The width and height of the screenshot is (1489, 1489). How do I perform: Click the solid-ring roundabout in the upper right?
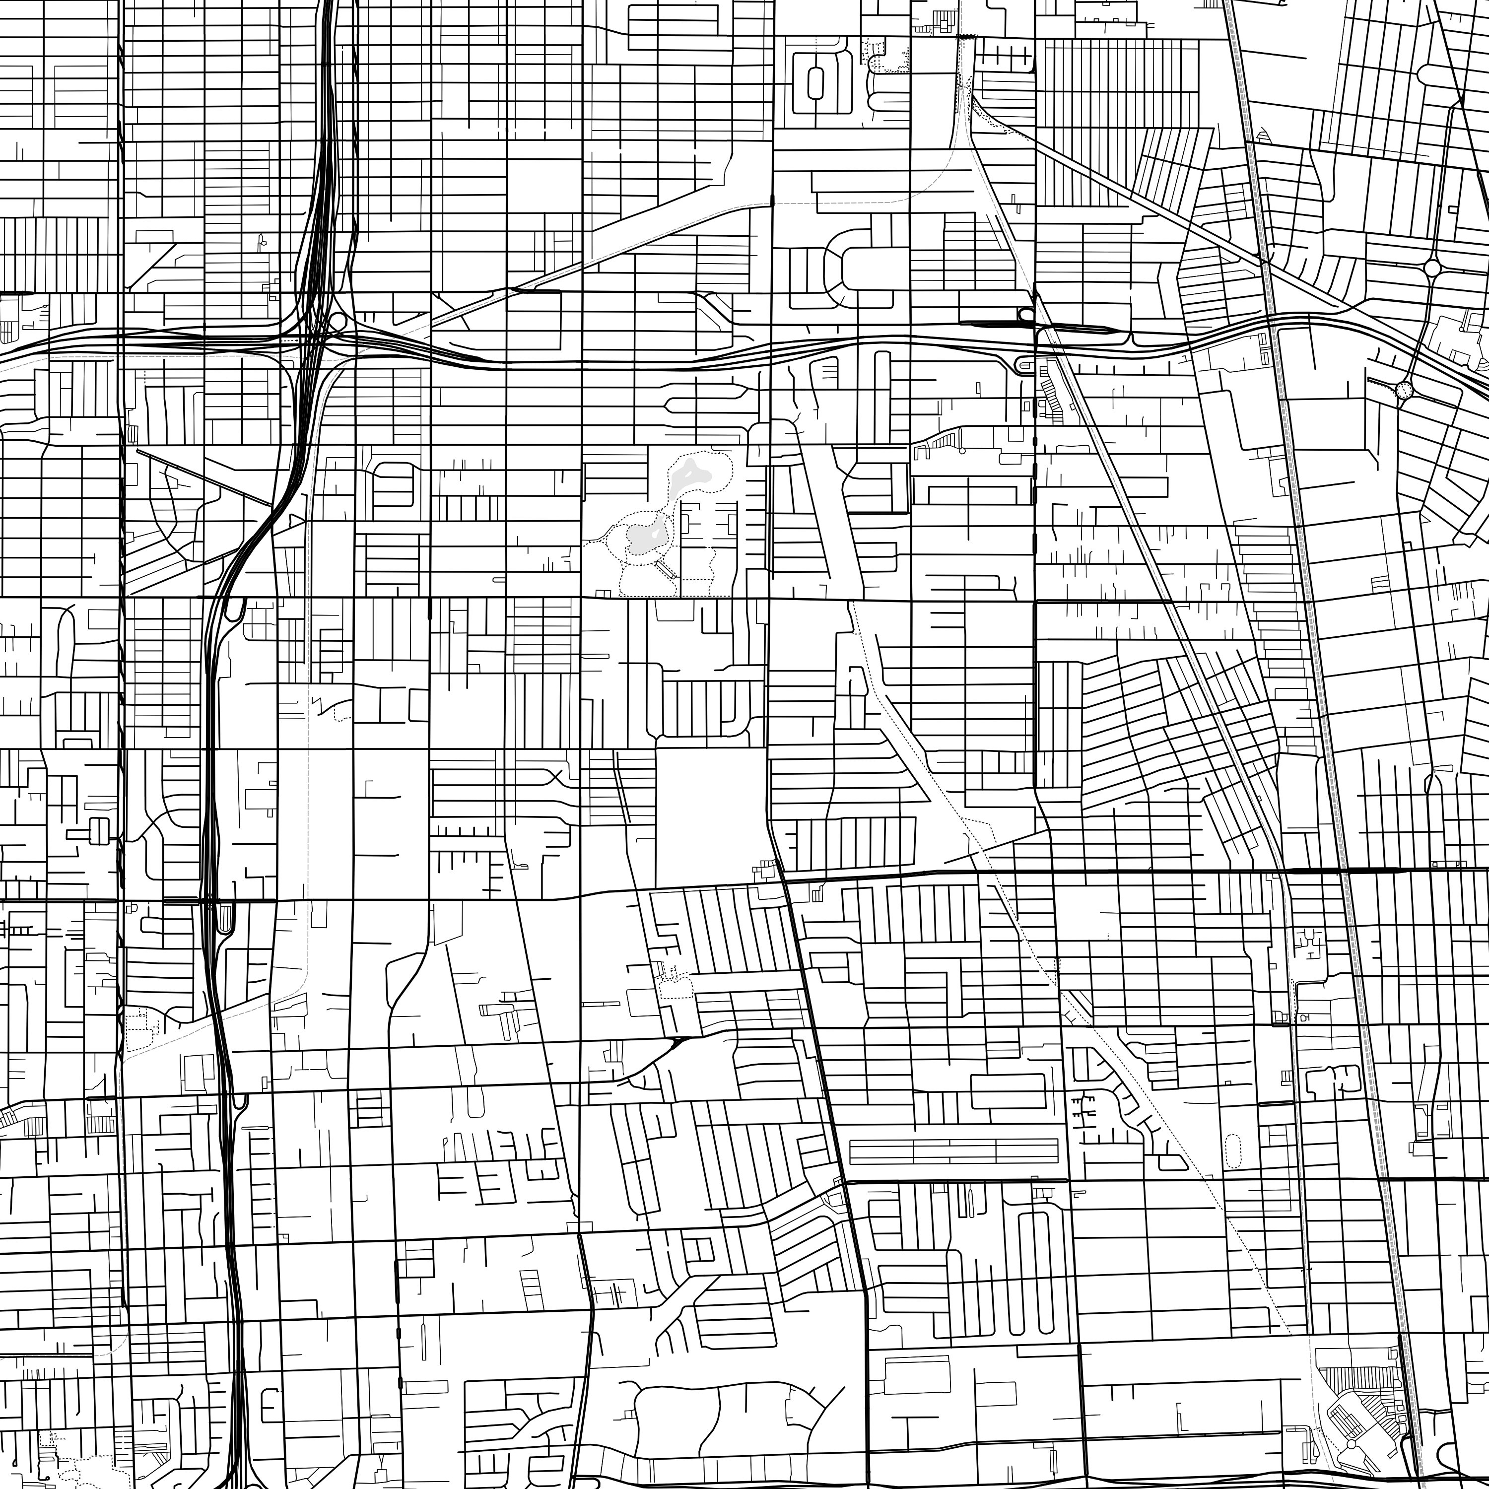(1432, 268)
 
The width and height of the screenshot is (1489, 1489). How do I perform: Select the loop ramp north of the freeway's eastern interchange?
(1026, 315)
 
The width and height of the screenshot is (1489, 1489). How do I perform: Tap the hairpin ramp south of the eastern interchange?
(1025, 364)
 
